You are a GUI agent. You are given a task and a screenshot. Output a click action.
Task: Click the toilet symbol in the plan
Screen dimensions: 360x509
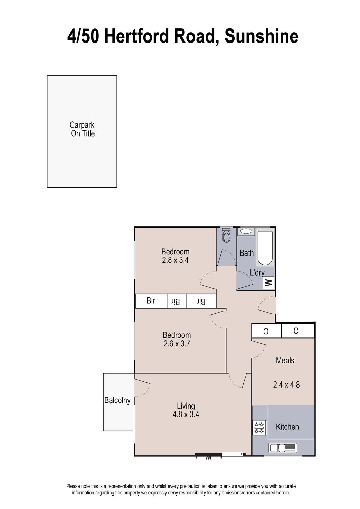pyautogui.click(x=226, y=235)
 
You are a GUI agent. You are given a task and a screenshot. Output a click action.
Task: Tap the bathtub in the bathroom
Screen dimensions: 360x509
pyautogui.click(x=265, y=248)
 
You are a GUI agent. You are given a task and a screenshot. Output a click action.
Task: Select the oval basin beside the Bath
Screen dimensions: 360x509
pyautogui.click(x=246, y=232)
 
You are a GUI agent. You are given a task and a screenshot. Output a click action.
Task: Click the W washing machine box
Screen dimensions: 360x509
pyautogui.click(x=268, y=283)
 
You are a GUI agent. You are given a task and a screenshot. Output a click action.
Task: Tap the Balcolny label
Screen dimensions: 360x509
pyautogui.click(x=117, y=400)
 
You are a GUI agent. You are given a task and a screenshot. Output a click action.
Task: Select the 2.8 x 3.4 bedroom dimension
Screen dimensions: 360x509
pyautogui.click(x=175, y=260)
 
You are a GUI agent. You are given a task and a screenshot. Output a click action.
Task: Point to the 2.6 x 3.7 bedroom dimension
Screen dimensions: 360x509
pyautogui.click(x=177, y=343)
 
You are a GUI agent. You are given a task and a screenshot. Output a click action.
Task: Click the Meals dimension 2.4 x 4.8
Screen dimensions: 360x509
pyautogui.click(x=286, y=385)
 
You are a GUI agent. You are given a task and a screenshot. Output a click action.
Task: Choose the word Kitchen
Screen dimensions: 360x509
pyautogui.click(x=287, y=427)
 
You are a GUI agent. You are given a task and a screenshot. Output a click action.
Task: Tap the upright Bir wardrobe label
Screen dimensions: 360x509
pyautogui.click(x=151, y=300)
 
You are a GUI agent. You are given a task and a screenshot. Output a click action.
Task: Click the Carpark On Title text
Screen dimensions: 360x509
pyautogui.click(x=82, y=129)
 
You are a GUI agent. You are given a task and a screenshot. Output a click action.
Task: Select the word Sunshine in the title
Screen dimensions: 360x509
pyautogui.click(x=261, y=36)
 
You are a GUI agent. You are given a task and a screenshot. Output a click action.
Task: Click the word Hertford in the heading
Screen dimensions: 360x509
pyautogui.click(x=137, y=36)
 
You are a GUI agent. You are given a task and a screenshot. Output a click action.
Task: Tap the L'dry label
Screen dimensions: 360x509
pyautogui.click(x=257, y=272)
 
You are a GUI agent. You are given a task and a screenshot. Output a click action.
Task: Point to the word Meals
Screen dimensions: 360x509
pyautogui.click(x=285, y=360)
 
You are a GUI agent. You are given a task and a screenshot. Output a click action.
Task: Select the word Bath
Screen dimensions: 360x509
pyautogui.click(x=247, y=253)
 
